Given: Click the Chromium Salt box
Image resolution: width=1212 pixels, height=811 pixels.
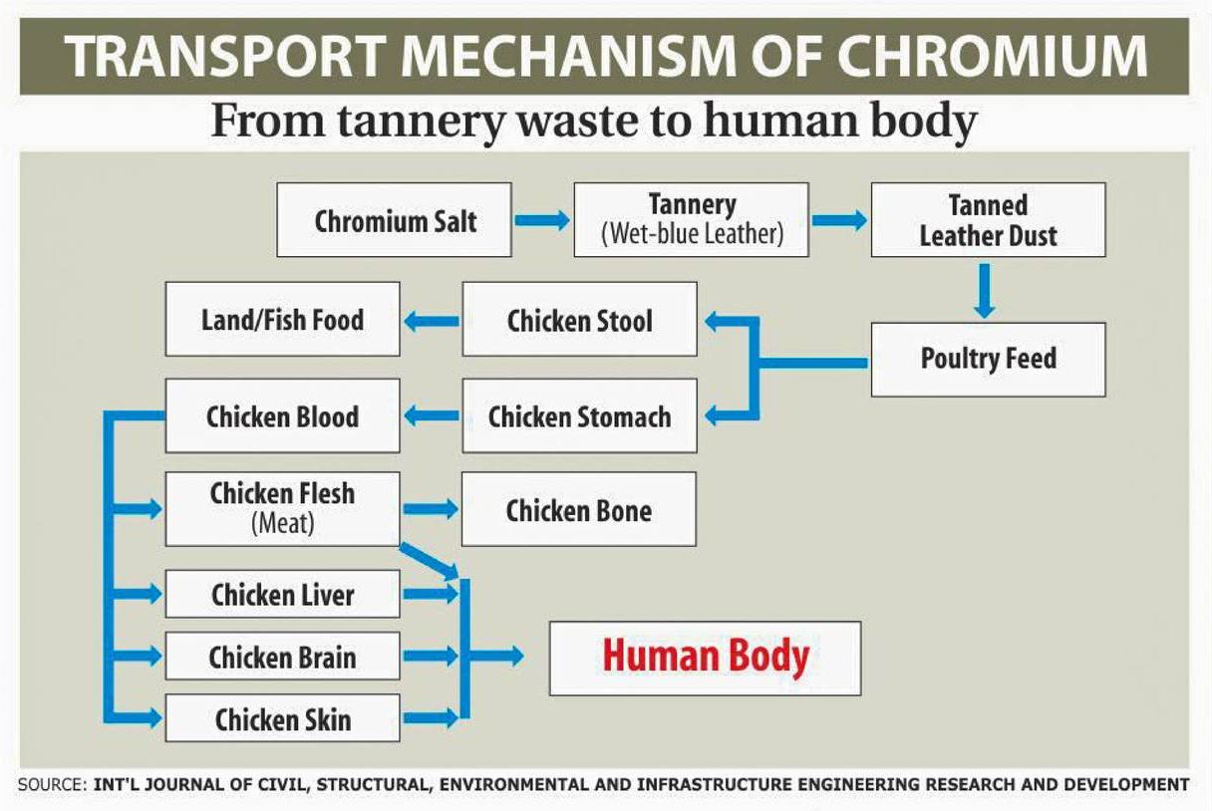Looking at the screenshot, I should [395, 220].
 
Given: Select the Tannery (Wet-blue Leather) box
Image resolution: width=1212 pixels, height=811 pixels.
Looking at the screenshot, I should [691, 220].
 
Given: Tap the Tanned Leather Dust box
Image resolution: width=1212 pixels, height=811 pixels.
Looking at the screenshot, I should [988, 220].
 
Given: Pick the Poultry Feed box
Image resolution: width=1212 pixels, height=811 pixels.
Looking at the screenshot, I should [988, 359].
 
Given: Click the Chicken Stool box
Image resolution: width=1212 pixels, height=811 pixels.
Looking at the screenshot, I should [579, 320].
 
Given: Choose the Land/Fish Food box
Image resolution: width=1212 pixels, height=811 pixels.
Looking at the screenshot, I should [282, 320].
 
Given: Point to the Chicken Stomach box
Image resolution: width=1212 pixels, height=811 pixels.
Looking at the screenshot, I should [579, 416].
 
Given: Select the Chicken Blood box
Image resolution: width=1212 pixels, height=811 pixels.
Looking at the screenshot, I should [282, 416].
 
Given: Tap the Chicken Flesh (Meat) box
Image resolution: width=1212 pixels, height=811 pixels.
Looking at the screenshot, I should [282, 509].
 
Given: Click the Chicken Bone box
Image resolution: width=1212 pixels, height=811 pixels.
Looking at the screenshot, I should [579, 510].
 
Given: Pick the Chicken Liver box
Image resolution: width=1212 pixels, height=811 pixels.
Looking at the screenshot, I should [282, 595].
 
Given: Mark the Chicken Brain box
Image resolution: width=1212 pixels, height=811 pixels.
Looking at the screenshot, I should [282, 657].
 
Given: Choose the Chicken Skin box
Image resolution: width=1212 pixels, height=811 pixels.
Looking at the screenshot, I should [282, 718].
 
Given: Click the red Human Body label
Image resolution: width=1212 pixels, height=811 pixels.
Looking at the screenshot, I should [706, 658].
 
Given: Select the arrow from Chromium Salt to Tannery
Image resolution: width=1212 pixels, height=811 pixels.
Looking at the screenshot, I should [542, 220].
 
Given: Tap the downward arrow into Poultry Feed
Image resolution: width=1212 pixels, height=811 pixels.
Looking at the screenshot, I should [984, 290].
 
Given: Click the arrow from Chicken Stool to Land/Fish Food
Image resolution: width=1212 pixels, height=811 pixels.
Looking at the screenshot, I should [432, 321].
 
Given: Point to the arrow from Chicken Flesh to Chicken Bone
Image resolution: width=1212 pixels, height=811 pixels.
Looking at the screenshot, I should [430, 509].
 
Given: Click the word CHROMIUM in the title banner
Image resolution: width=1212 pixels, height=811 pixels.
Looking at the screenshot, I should [982, 58].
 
